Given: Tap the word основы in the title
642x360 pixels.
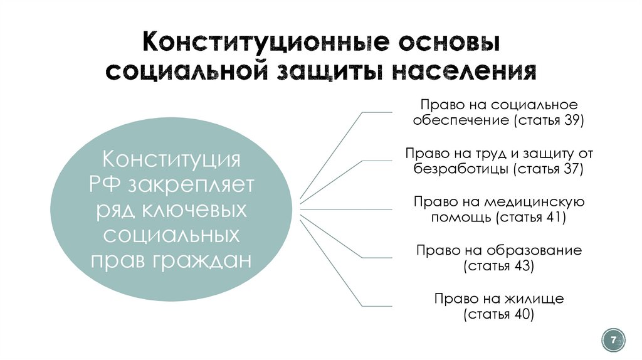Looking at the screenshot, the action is pos(447,44).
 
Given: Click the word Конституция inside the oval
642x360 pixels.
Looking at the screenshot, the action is pos(171,157).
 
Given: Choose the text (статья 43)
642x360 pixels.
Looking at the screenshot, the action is pos(499,266).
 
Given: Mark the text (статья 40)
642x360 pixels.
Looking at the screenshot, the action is pos(499,314).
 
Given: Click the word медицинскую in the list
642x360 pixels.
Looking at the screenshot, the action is pos(535,202).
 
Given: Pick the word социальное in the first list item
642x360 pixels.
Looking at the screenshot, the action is pos(534,105).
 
